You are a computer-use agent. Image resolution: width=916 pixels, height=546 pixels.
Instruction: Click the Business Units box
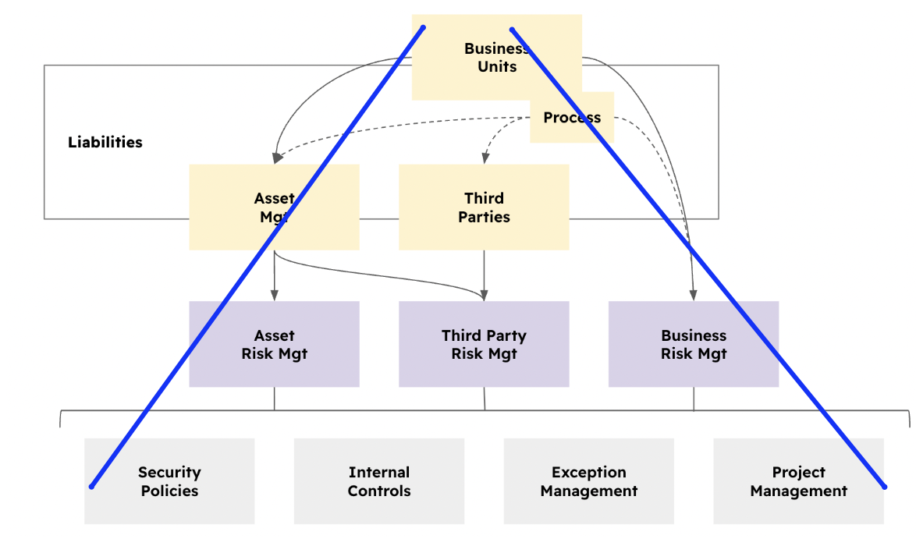coord(496,57)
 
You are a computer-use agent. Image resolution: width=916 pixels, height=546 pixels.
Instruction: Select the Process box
coord(572,118)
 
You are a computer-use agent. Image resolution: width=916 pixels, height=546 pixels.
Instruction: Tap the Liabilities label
coord(105,142)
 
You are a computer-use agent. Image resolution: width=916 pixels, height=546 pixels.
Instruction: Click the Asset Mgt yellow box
coord(274,207)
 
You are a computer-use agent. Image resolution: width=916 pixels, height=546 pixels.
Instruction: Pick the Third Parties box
coord(484,207)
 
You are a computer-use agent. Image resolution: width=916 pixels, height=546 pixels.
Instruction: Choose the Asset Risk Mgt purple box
coord(274,344)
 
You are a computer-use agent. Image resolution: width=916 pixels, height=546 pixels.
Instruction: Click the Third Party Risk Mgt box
coord(484,344)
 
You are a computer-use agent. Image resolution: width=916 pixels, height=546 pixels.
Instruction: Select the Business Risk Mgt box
coord(694,344)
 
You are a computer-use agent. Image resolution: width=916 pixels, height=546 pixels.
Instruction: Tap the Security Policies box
coord(169,481)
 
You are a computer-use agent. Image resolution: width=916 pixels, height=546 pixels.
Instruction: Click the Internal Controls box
coord(379,481)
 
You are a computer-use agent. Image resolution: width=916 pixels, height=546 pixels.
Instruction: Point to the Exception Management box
coord(589,481)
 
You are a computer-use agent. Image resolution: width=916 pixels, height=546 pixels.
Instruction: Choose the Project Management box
coord(798,481)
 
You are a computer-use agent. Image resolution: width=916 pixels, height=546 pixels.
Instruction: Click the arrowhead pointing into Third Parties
coord(485,158)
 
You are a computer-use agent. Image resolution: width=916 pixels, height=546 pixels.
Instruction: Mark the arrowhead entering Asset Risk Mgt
coord(274,296)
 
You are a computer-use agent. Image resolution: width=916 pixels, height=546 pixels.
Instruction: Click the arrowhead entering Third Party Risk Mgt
coord(484,296)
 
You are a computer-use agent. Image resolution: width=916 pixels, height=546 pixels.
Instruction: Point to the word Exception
coord(589,472)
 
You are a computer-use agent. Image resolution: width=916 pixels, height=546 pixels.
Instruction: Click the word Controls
coord(379,491)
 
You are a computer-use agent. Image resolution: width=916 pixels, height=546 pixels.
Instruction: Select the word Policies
coord(169,491)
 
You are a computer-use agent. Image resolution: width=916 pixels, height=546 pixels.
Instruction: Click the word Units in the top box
coord(497,66)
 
